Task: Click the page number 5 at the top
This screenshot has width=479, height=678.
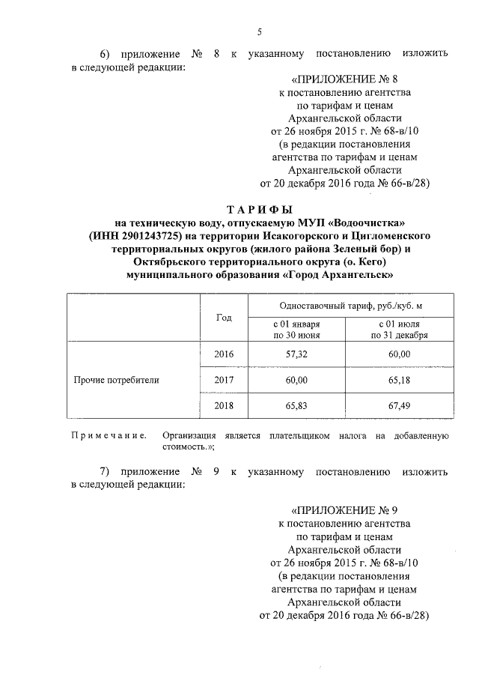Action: [x=259, y=31]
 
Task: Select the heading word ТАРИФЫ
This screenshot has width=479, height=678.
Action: [x=259, y=209]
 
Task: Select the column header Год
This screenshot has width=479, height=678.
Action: [x=224, y=318]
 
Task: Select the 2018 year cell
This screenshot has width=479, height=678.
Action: [x=224, y=405]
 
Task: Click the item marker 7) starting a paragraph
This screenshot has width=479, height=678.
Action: [x=106, y=472]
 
